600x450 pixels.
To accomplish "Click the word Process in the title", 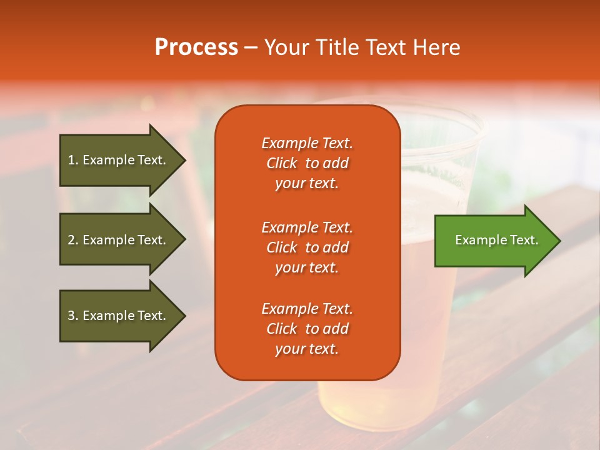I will pos(196,47).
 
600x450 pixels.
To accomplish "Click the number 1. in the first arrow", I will pos(73,160).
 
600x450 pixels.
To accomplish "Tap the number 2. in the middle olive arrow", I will pos(73,240).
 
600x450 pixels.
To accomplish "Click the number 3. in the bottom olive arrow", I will pos(73,316).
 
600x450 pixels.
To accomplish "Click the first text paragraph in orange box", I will pos(307,163).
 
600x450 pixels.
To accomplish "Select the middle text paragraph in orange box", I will pos(307,247).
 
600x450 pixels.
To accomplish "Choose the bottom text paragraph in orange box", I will pos(307,329).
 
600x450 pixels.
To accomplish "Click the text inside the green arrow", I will pos(496,240).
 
